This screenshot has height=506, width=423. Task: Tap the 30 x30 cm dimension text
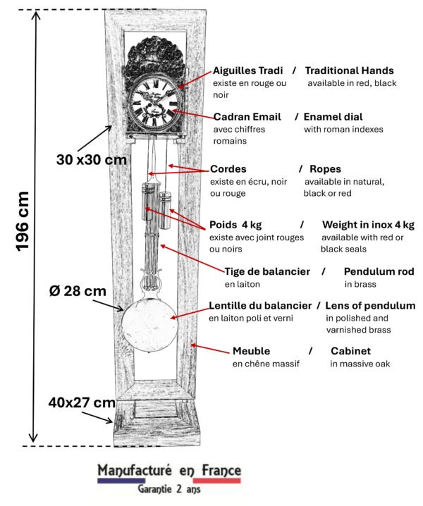point(91,159)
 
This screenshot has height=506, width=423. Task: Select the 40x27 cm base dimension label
point(82,403)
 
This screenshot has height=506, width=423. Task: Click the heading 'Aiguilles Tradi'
point(248,70)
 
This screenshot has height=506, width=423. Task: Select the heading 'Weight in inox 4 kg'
point(368,225)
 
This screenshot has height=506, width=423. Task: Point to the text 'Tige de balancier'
point(267,271)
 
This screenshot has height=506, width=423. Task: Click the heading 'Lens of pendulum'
point(370,306)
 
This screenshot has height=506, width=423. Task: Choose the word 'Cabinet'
point(350,351)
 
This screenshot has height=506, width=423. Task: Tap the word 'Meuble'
point(251,351)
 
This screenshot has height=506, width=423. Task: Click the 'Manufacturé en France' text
point(169,470)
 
